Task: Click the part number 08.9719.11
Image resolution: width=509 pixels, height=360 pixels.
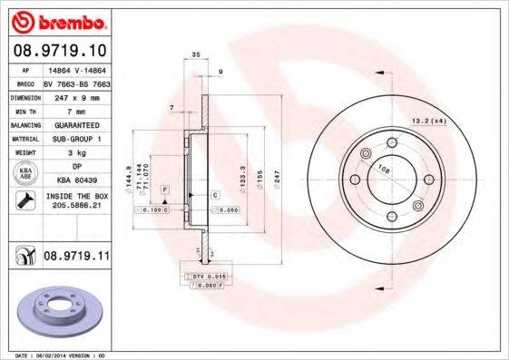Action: [x=74, y=258]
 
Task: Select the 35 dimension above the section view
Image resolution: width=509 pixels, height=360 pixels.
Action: [x=196, y=56]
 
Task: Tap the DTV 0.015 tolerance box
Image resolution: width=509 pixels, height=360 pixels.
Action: [x=208, y=274]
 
